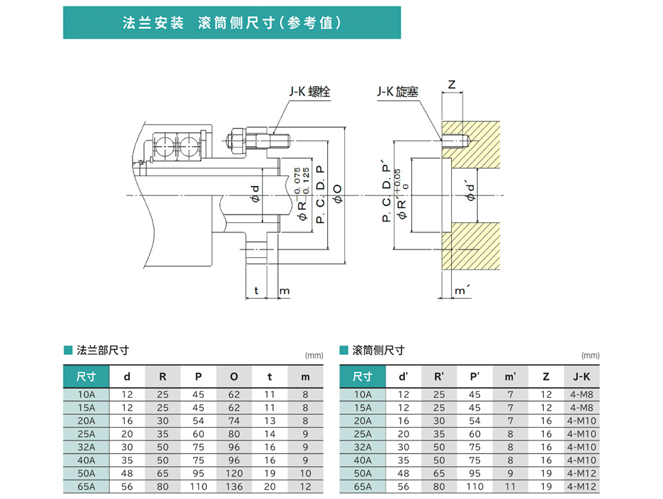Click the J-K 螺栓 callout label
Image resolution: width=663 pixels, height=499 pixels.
pyautogui.click(x=309, y=92)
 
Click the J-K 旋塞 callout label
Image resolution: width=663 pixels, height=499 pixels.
pyautogui.click(x=398, y=92)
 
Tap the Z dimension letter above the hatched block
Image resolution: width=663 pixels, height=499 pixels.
pyautogui.click(x=451, y=84)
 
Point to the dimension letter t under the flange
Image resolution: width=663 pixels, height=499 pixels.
pyautogui.click(x=257, y=291)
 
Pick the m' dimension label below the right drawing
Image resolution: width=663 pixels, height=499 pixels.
pyautogui.click(x=461, y=291)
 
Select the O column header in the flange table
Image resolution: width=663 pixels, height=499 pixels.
pyautogui.click(x=235, y=376)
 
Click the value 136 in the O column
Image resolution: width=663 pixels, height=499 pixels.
pyautogui.click(x=235, y=486)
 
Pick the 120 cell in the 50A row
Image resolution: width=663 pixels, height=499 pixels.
pyautogui.click(x=235, y=473)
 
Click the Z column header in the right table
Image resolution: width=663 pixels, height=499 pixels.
pyautogui.click(x=546, y=376)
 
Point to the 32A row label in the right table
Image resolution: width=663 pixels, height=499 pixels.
pyautogui.click(x=363, y=447)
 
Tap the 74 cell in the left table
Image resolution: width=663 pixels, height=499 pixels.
pyautogui.click(x=235, y=421)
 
